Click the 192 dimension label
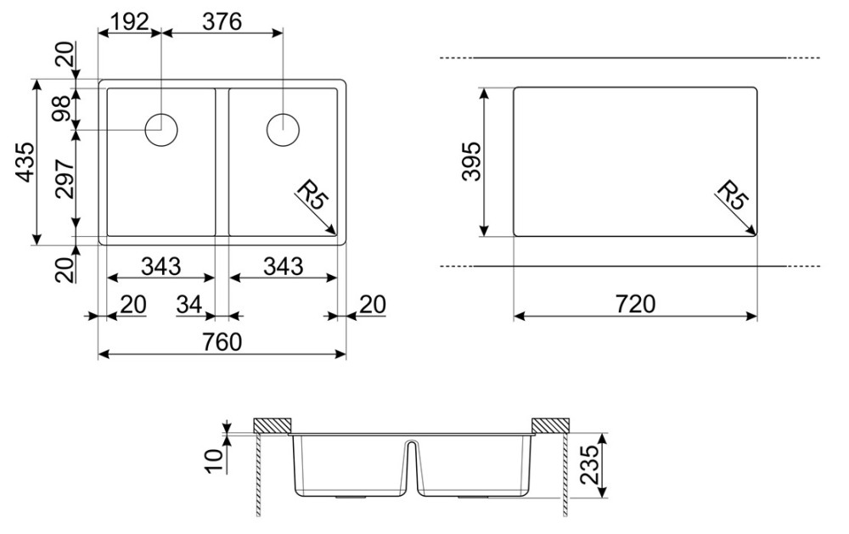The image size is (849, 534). click(x=129, y=22)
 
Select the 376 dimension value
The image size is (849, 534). click(x=222, y=22)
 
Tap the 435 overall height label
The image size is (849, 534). click(x=25, y=162)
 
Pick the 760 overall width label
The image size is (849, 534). click(x=222, y=342)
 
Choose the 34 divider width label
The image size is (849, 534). click(x=189, y=305)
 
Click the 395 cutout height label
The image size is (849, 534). click(x=471, y=160)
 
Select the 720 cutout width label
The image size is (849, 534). click(x=635, y=304)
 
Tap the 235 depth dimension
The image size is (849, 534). click(x=590, y=464)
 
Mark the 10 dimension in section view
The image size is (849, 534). click(x=215, y=461)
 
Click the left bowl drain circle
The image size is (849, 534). click(x=161, y=130)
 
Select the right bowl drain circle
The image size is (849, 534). click(x=283, y=130)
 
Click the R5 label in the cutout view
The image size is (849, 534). click(x=733, y=194)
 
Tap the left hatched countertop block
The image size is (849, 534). click(x=273, y=425)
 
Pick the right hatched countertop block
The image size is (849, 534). click(x=550, y=425)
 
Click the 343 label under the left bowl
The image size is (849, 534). click(x=160, y=266)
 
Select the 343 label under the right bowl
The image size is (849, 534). click(x=284, y=266)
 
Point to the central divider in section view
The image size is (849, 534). click(x=412, y=466)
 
